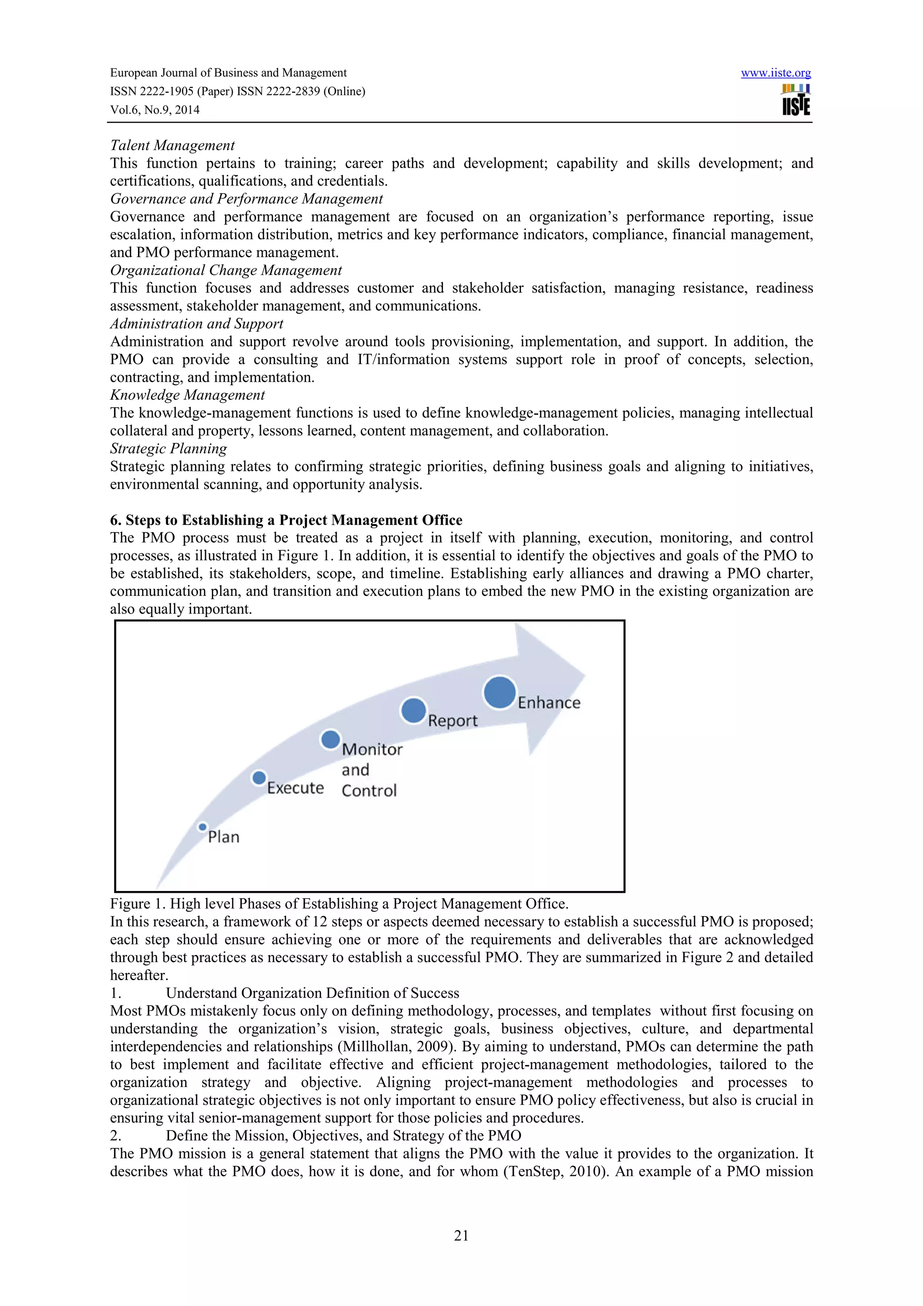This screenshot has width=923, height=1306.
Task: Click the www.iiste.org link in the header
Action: tap(775, 73)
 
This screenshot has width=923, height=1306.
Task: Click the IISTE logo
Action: tap(795, 100)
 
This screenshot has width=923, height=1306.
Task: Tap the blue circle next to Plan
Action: tap(202, 827)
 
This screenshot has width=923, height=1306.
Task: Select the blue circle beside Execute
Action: tap(259, 777)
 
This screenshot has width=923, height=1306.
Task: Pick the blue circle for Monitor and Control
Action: tap(330, 740)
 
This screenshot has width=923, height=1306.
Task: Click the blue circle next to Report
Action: tap(413, 710)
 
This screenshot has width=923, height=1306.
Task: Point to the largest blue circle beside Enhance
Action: tap(499, 692)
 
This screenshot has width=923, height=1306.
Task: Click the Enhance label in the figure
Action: tap(549, 703)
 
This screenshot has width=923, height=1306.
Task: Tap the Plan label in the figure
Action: tap(224, 837)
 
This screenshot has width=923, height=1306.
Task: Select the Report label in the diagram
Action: tap(452, 721)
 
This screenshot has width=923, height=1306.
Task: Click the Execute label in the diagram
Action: tap(295, 788)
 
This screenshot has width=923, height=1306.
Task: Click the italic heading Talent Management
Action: tap(172, 146)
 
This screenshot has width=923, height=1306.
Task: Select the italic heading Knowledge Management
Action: tap(187, 395)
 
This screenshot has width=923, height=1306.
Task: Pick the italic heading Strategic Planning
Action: tap(169, 449)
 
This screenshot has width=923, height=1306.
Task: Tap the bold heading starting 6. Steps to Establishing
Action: tap(286, 520)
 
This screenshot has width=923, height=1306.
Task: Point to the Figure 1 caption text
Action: tap(339, 903)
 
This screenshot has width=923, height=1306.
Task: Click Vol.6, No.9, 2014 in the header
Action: tap(155, 110)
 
